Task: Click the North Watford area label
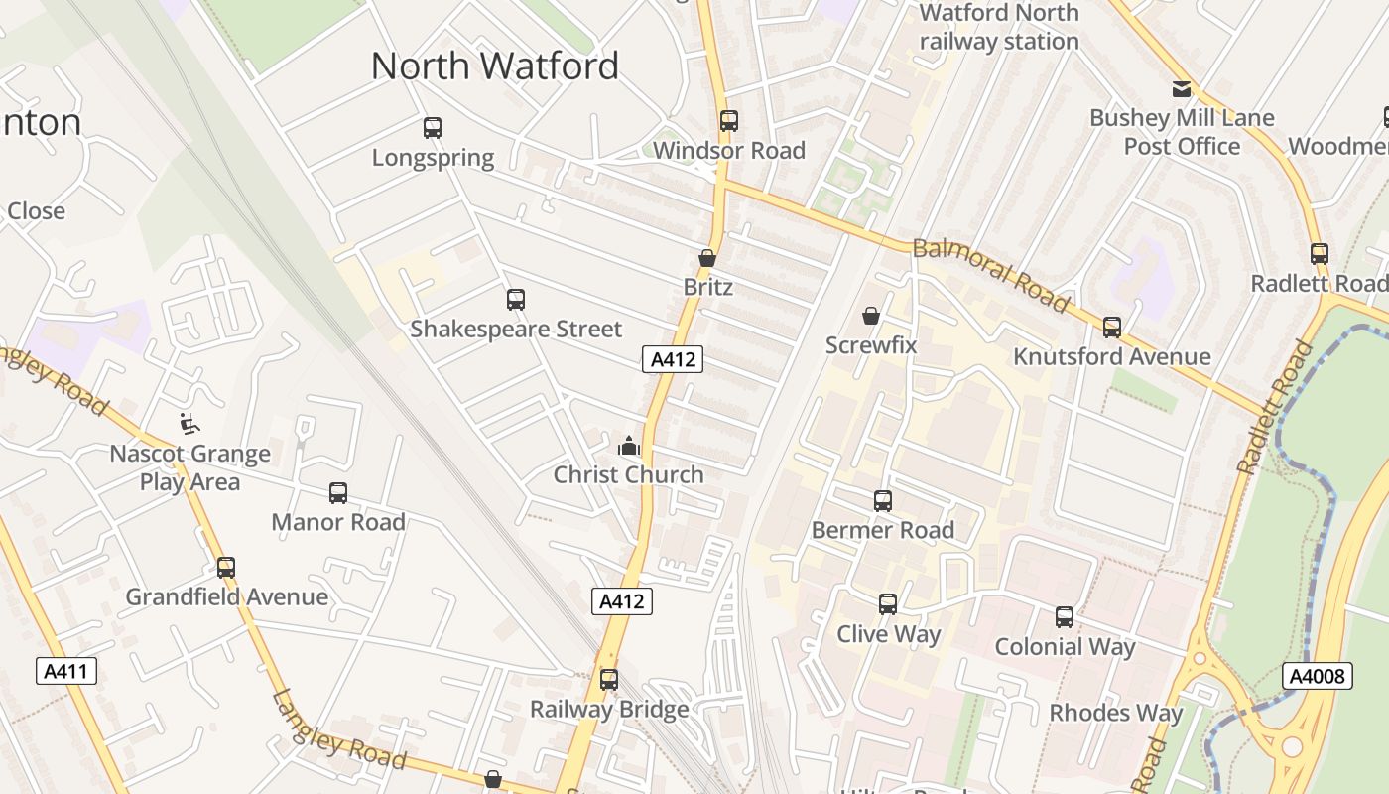(x=494, y=66)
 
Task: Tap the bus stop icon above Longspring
(x=433, y=128)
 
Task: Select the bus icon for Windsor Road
(x=729, y=121)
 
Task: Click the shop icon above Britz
(x=707, y=258)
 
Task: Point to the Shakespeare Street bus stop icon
(x=515, y=300)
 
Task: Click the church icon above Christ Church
(x=628, y=447)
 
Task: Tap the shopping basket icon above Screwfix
(x=871, y=316)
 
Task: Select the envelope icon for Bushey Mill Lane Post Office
(x=1181, y=89)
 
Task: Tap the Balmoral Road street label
(x=991, y=275)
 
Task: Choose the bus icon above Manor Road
(x=338, y=493)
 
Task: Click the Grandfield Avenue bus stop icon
(x=226, y=568)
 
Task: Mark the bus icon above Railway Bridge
(x=609, y=680)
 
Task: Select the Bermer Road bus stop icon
(x=883, y=501)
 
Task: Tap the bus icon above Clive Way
(x=888, y=604)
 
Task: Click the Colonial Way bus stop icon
(x=1065, y=617)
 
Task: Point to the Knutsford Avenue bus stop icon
(x=1112, y=328)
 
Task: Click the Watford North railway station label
(x=999, y=27)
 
